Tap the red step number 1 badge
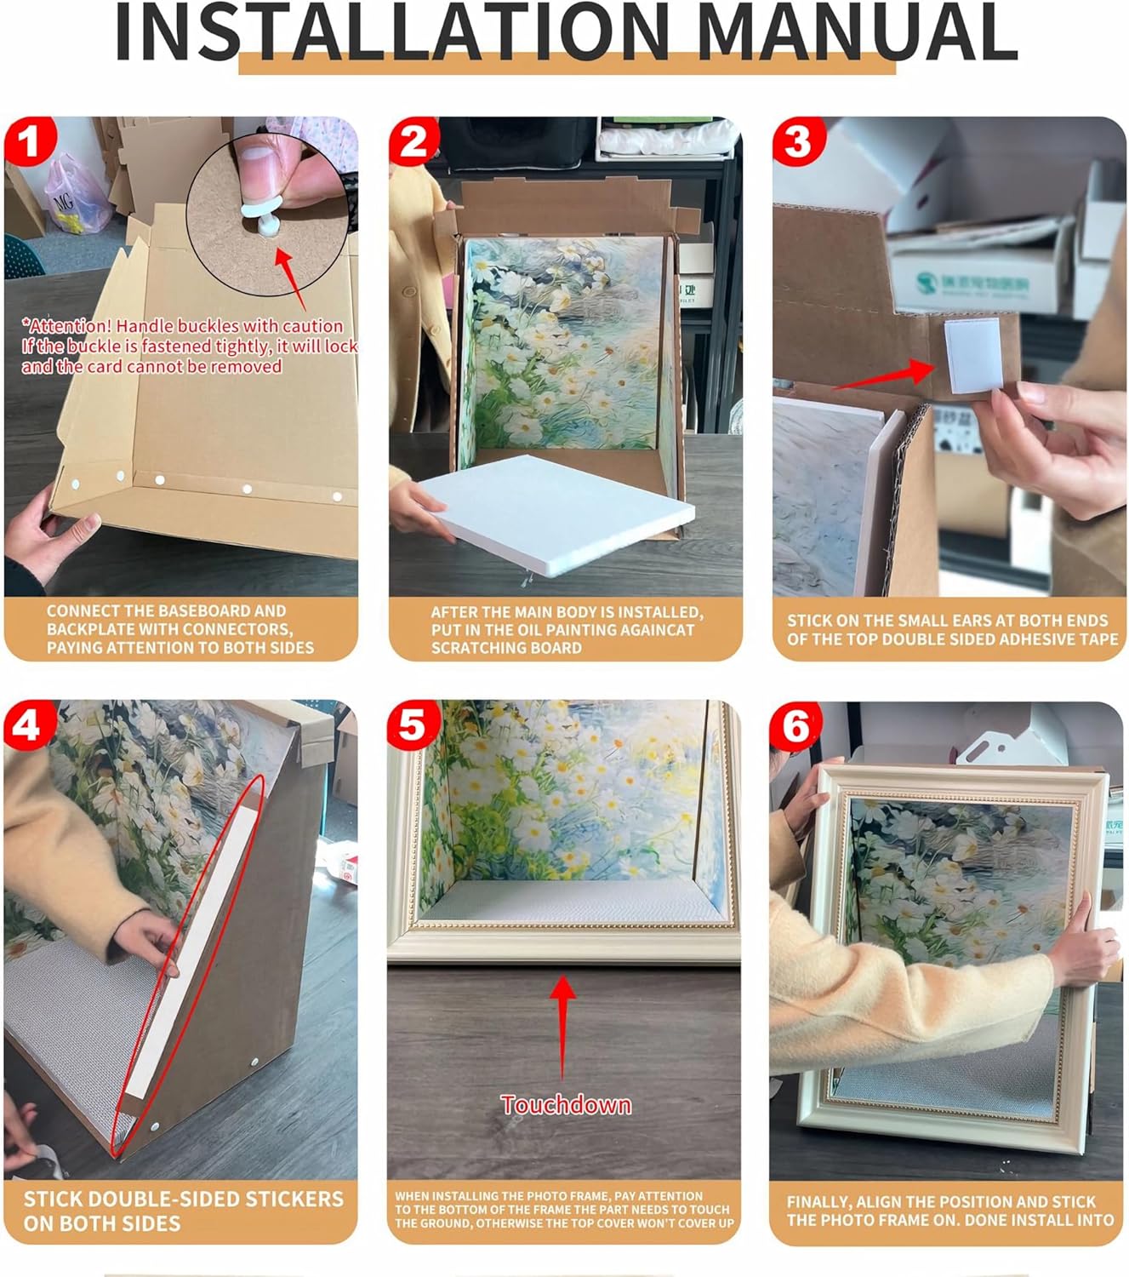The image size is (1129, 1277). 30,143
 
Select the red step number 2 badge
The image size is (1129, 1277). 413,142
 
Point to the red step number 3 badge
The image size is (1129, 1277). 798,142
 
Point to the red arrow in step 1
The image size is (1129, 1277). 291,278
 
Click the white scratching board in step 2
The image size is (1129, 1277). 556,513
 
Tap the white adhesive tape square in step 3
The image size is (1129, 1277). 974,356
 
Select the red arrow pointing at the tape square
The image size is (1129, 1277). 885,375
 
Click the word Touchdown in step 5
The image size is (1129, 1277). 566,1105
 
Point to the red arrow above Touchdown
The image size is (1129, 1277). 562,1028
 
